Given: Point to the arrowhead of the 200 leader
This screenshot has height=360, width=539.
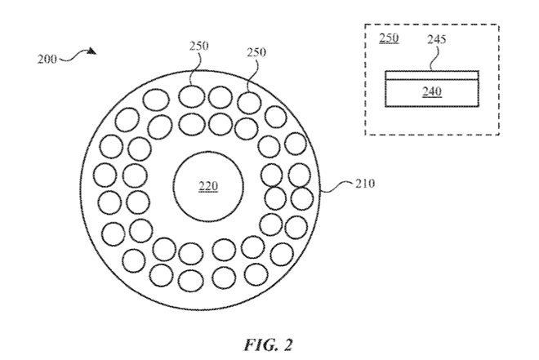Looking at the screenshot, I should click(x=93, y=52).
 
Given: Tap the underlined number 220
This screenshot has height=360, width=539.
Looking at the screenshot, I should click(x=208, y=187).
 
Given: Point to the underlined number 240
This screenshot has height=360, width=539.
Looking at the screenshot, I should click(x=432, y=91).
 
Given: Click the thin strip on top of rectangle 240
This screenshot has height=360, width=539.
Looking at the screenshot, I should click(x=432, y=76).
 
